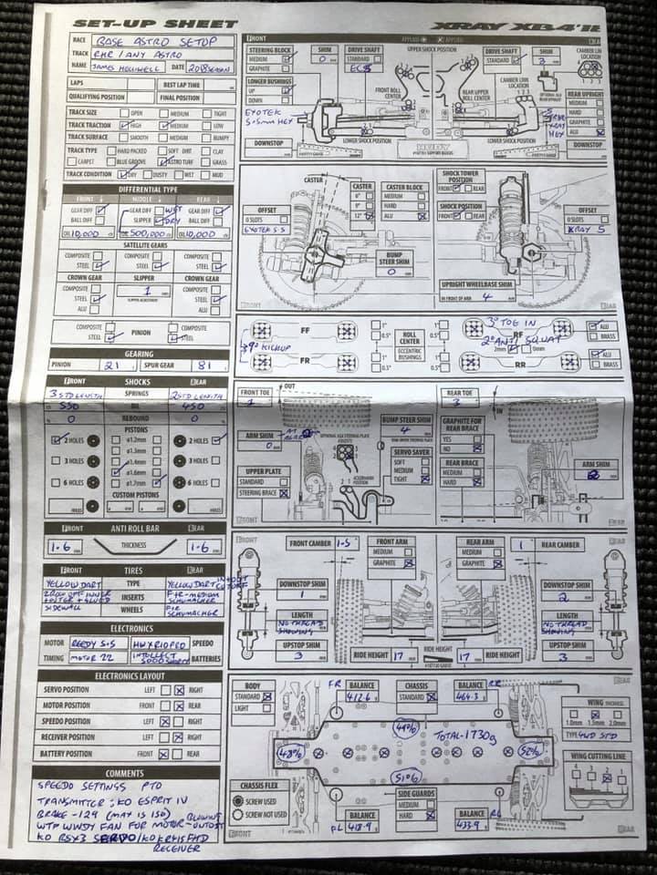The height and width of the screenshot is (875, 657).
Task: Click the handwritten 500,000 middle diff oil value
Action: [146, 233]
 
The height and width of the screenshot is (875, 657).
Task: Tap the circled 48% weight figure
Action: [290, 754]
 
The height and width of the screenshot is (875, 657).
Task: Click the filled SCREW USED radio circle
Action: [238, 800]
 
